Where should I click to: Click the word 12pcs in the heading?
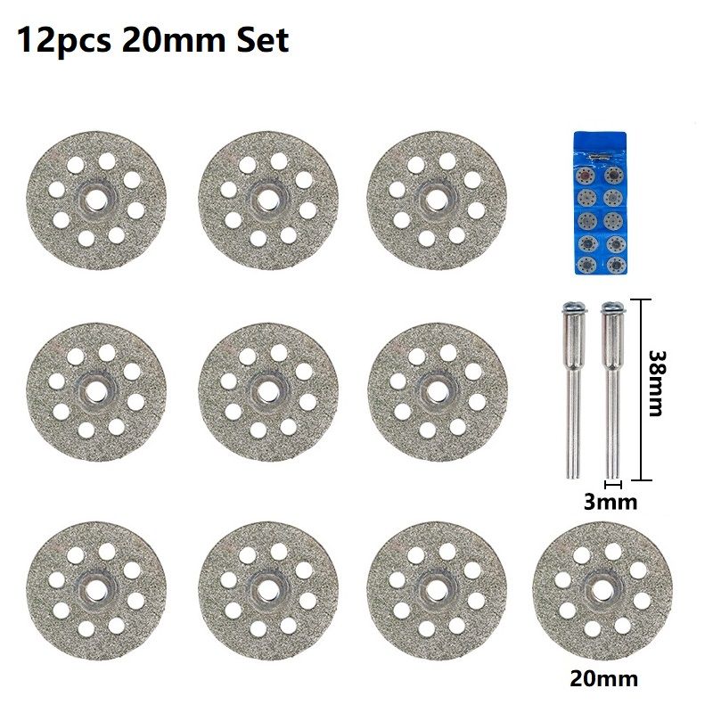pos(63,41)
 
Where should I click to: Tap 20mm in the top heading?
pos(173,40)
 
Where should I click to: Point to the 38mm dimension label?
pos(657,383)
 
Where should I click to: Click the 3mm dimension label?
pos(611,503)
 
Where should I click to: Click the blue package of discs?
pos(600,203)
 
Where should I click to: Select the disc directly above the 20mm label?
pos(602,591)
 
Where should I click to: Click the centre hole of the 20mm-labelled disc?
pos(602,590)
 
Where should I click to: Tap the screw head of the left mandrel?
pos(574,307)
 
